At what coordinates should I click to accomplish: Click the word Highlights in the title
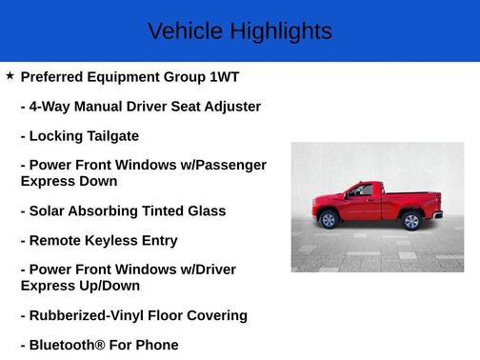pyautogui.click(x=280, y=31)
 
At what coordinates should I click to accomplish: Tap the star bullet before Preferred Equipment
pyautogui.click(x=10, y=74)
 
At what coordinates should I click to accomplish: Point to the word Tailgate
pyautogui.click(x=110, y=136)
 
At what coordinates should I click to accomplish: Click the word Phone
pyautogui.click(x=155, y=345)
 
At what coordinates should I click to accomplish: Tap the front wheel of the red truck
pyautogui.click(x=330, y=220)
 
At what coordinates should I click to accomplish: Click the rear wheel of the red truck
pyautogui.click(x=411, y=221)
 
